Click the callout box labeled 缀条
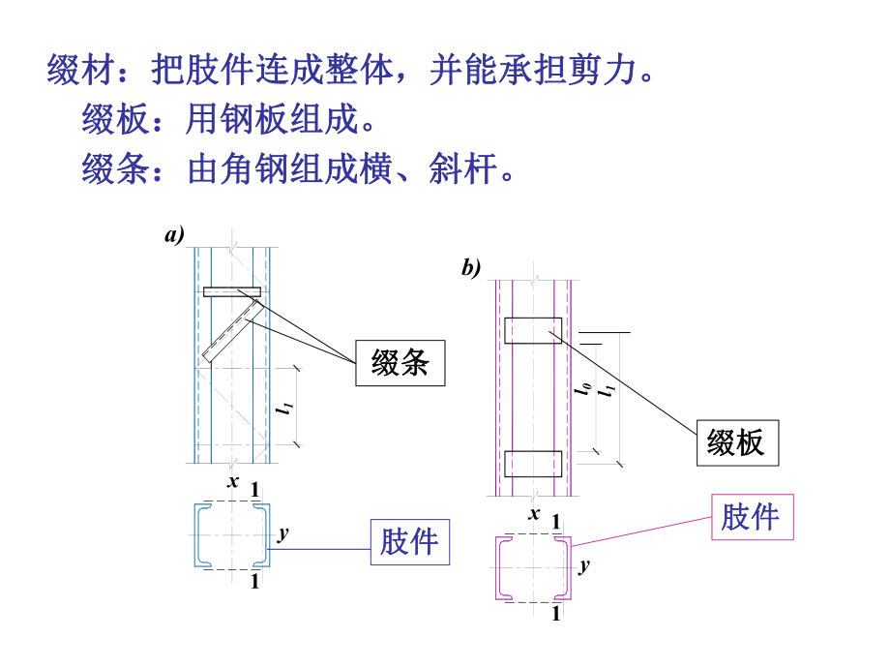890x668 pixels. tap(400, 363)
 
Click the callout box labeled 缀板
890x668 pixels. tap(736, 442)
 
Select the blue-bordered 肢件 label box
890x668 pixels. tap(409, 541)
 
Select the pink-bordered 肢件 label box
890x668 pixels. tap(752, 516)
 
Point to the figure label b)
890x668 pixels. tap(470, 268)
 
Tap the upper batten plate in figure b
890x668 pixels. tap(532, 330)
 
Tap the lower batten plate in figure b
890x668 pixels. tap(532, 464)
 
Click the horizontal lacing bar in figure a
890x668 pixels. tap(232, 291)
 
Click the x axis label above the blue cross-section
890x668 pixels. tap(233, 480)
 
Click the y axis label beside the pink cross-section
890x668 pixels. tap(584, 564)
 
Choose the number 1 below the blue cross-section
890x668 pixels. tap(255, 582)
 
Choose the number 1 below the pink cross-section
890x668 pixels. tap(555, 613)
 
